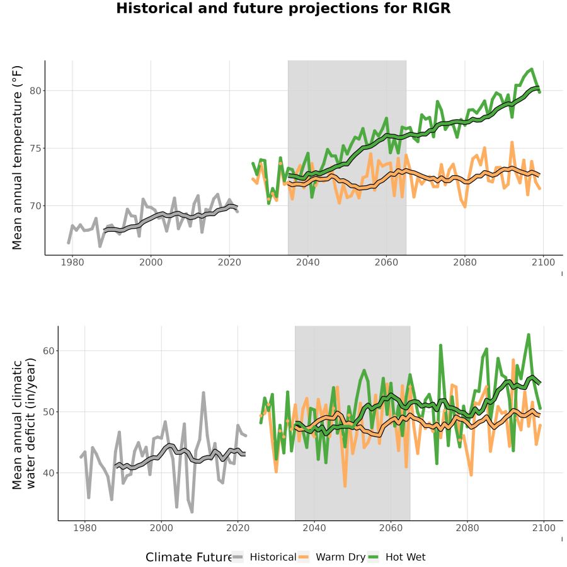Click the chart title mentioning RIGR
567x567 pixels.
tap(283, 8)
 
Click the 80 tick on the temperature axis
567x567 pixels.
tap(35, 91)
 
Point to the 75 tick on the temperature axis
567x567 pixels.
tap(35, 149)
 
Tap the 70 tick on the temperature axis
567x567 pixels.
tap(35, 206)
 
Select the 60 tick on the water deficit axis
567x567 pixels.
tap(49, 351)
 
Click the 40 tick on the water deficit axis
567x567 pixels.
tap(49, 473)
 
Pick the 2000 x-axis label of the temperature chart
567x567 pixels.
tap(151, 262)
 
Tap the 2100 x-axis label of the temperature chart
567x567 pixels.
tap(543, 262)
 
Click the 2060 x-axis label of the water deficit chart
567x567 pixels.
tap(391, 528)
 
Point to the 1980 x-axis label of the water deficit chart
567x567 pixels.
tap(85, 528)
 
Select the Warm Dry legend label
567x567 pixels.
tap(341, 558)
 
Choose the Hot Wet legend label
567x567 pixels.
tap(405, 558)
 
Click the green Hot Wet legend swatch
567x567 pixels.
tap(373, 558)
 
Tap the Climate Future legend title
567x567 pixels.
tap(189, 558)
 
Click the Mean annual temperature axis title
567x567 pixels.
tap(17, 157)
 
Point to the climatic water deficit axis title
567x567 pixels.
tap(24, 423)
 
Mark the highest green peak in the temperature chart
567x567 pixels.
tap(532, 69)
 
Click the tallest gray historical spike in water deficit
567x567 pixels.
tap(203, 392)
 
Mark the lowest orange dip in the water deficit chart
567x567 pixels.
tap(345, 486)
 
